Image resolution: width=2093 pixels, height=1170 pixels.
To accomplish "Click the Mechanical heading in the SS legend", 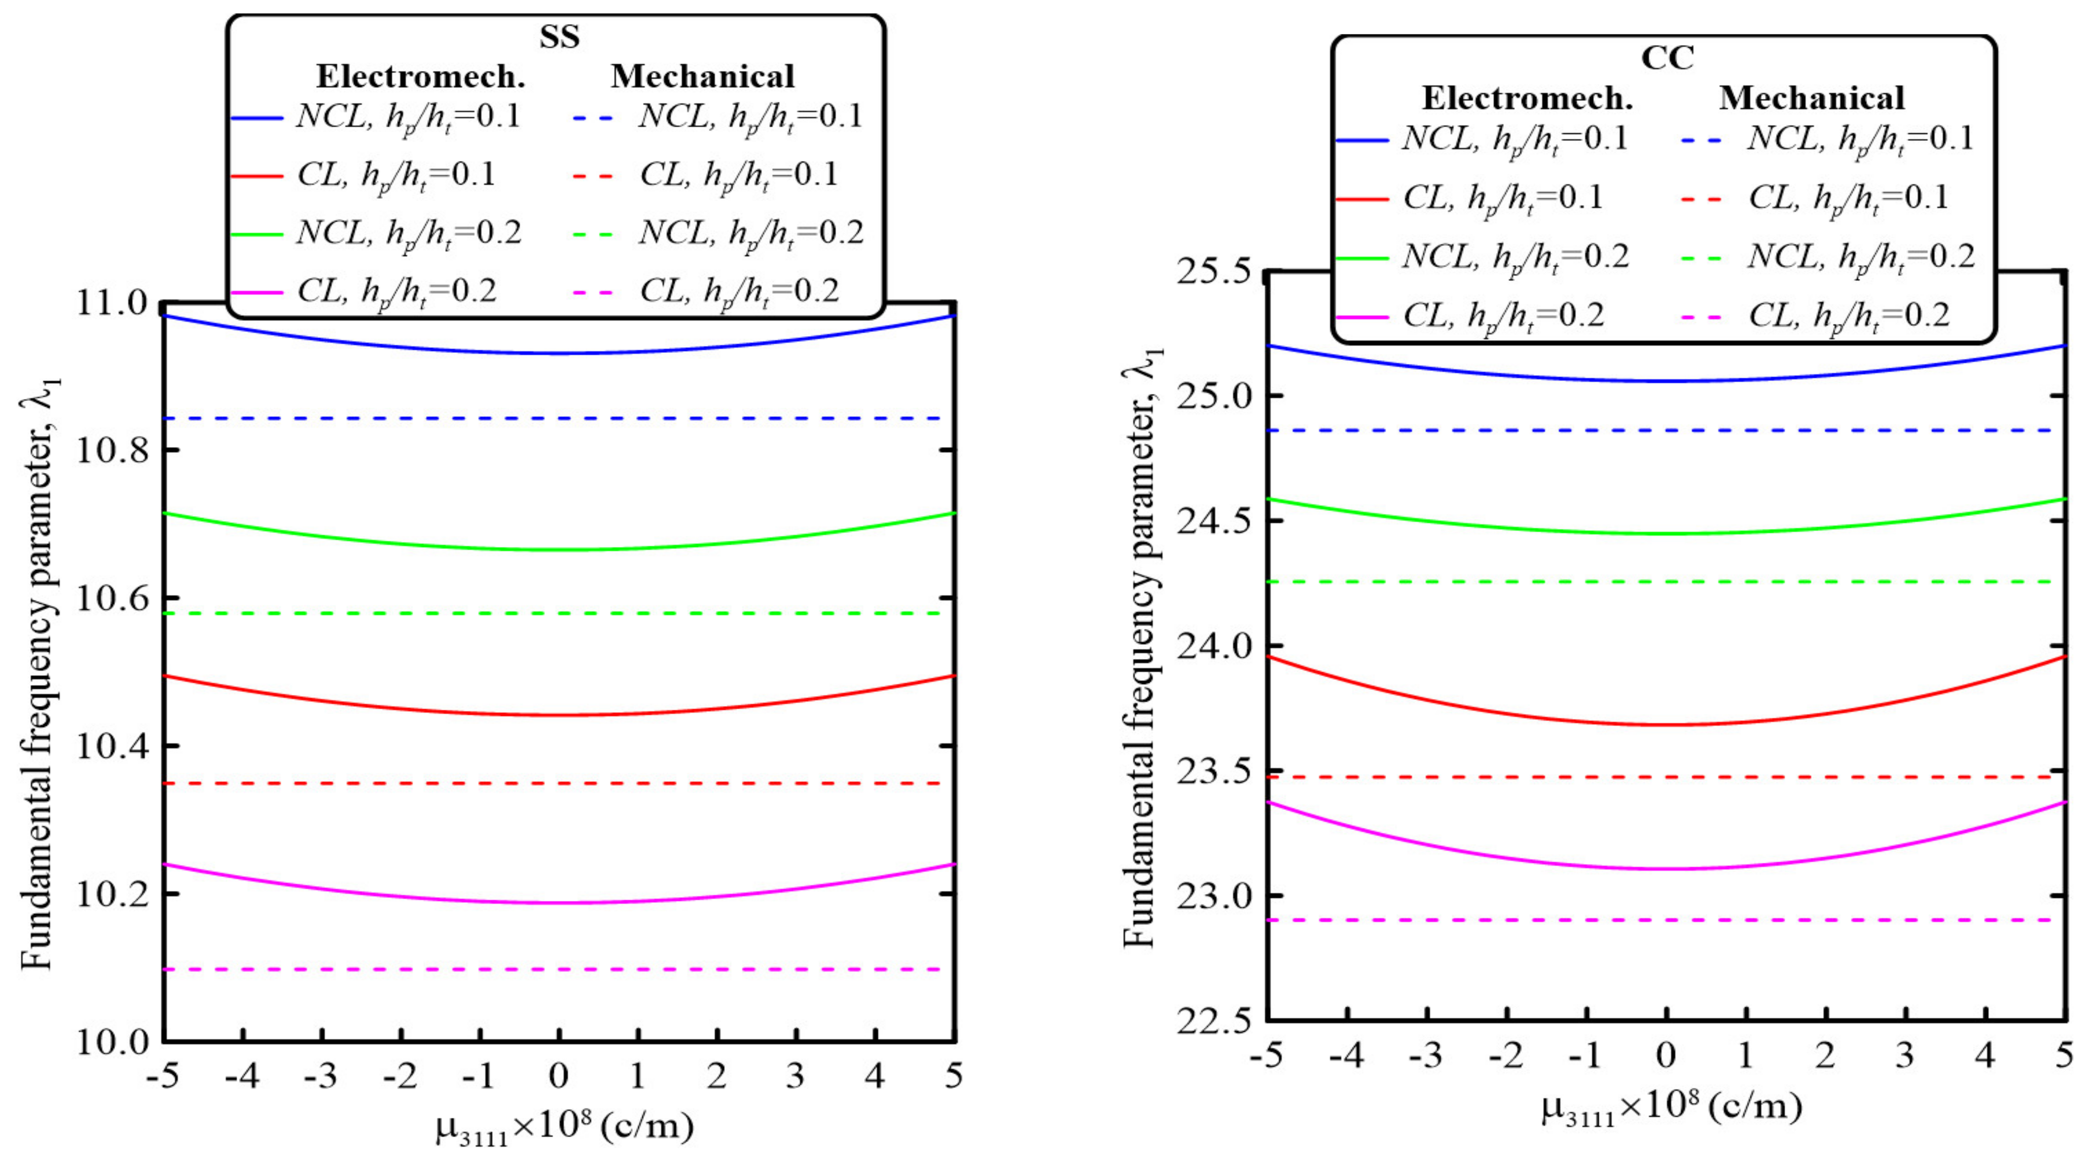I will (702, 77).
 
